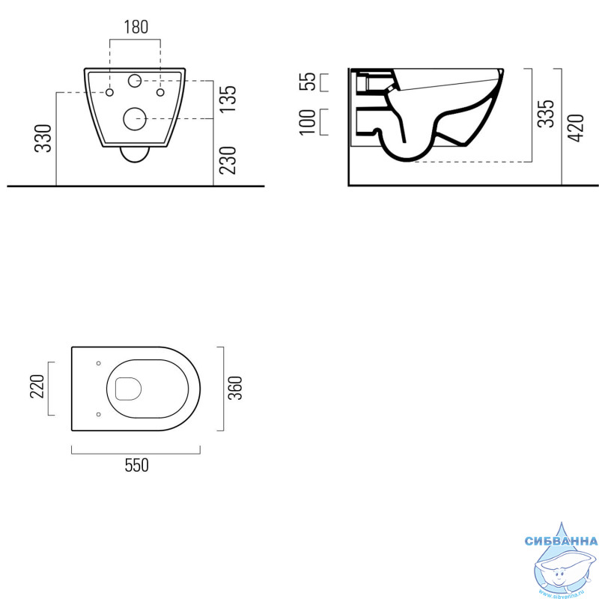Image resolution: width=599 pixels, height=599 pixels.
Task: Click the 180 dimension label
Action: (136, 27)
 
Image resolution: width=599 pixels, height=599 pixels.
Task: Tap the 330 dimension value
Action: (43, 139)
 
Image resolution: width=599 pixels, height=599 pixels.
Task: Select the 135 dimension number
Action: (228, 99)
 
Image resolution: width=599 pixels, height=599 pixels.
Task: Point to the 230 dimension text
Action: (228, 160)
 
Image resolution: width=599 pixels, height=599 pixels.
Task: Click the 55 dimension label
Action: (308, 82)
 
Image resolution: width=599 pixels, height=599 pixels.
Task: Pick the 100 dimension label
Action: (308, 122)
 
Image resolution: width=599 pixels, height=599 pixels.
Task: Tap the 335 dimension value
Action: (546, 114)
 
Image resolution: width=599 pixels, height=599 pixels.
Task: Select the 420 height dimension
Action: (576, 128)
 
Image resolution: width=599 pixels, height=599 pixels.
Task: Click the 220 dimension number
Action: (37, 386)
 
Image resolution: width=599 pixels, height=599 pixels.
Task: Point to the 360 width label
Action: (235, 388)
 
